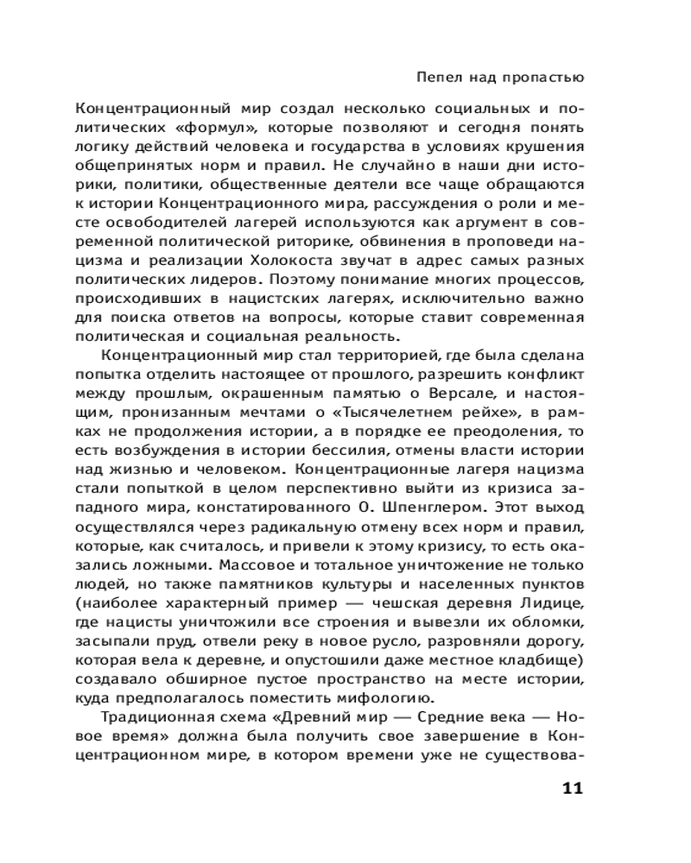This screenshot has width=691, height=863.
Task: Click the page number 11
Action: click(573, 788)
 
